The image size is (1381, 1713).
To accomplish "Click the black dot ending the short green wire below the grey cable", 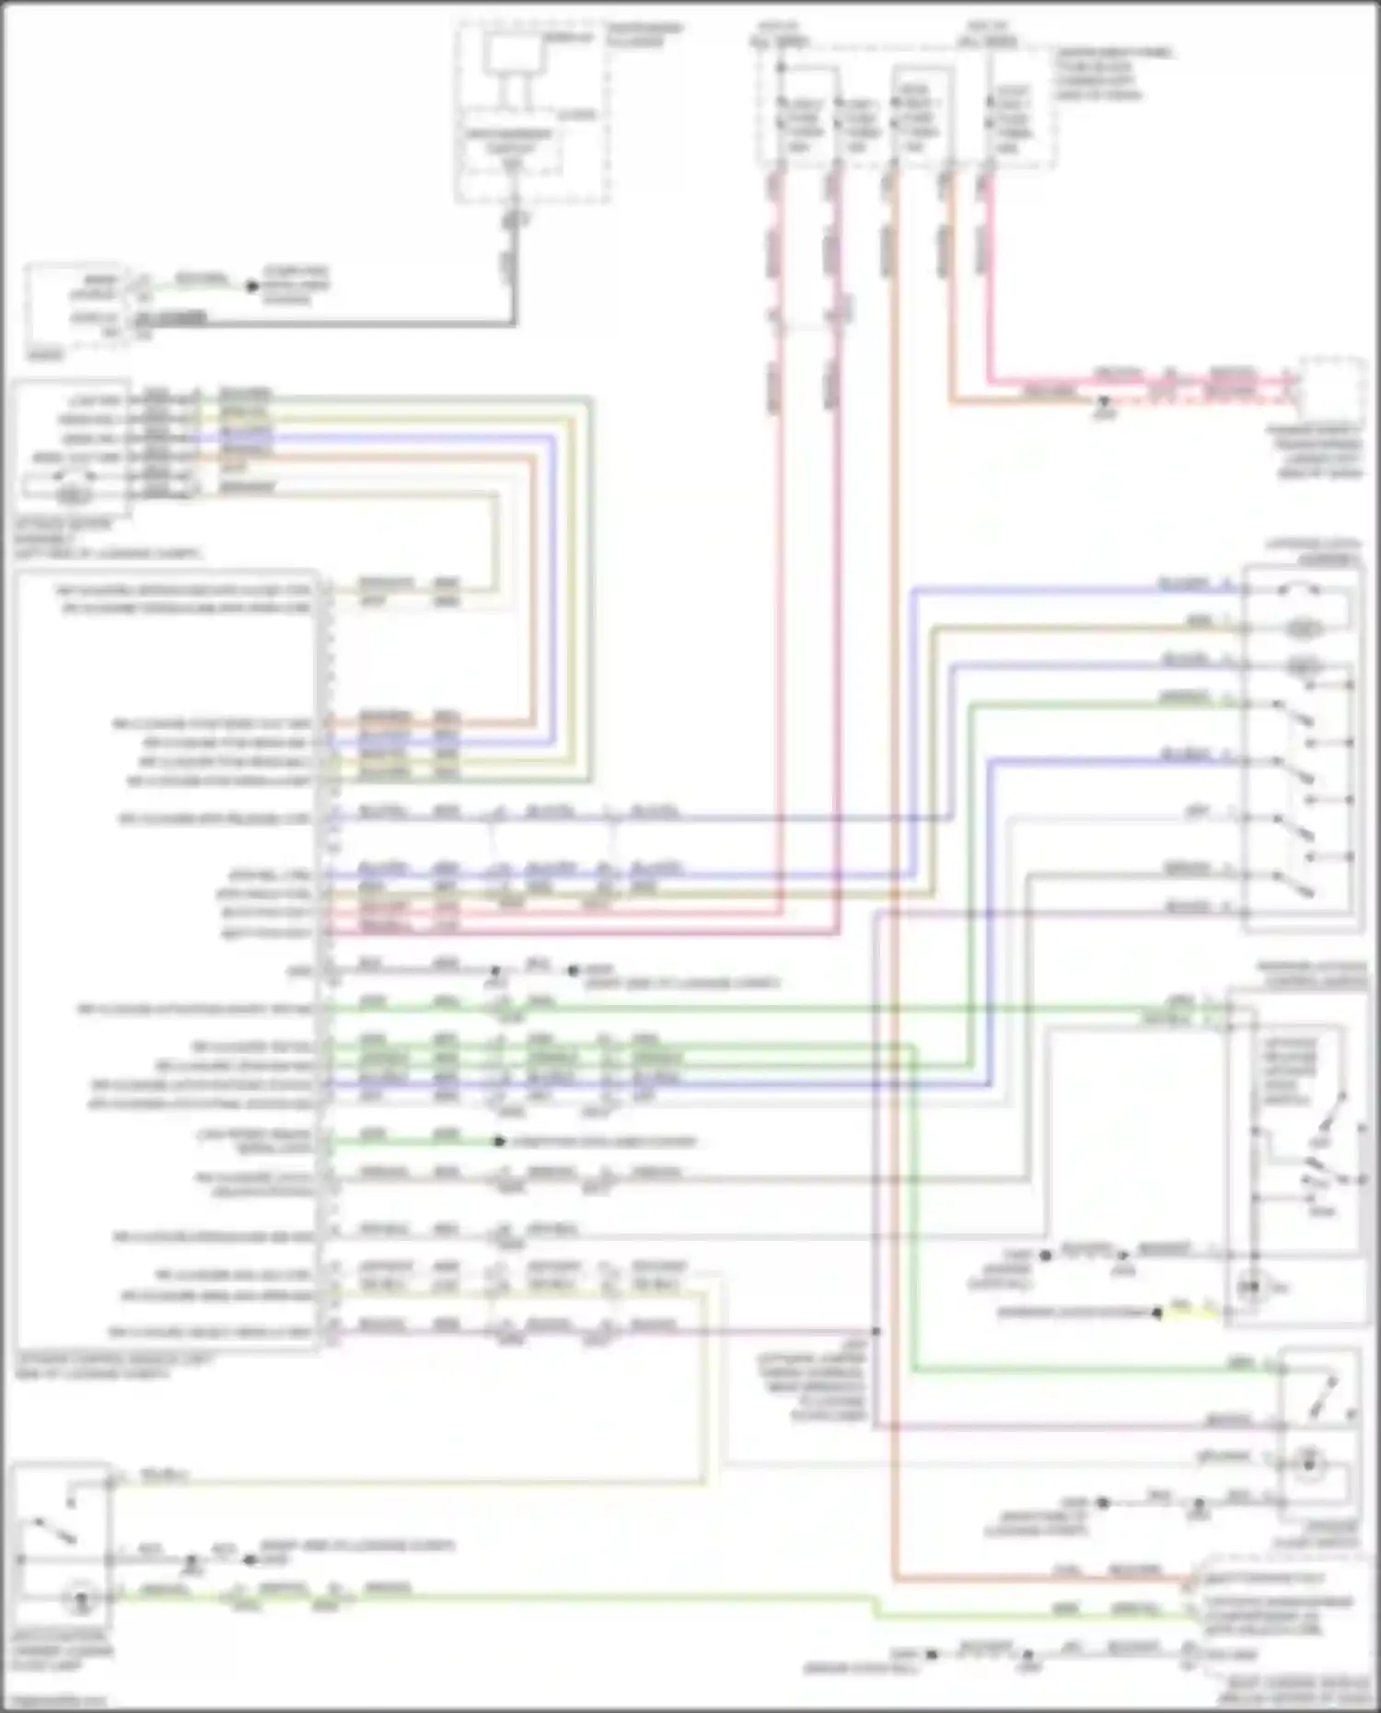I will pyautogui.click(x=251, y=286).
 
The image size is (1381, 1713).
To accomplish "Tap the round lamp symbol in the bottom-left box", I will pyautogui.click(x=79, y=1599).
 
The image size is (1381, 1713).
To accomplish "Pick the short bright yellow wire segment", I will pyautogui.click(x=1179, y=1311).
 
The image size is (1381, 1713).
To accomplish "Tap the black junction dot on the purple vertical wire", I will pyautogui.click(x=876, y=1331).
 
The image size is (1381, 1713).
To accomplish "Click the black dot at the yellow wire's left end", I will pyautogui.click(x=1157, y=1312).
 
